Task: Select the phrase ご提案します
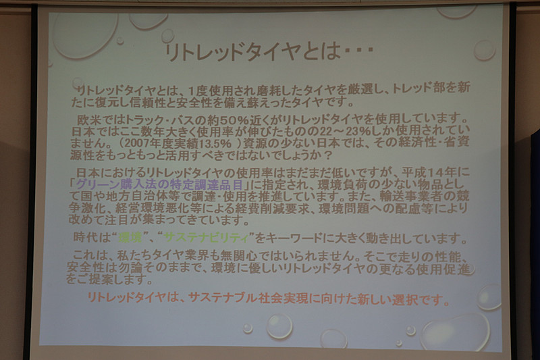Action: point(111,280)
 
